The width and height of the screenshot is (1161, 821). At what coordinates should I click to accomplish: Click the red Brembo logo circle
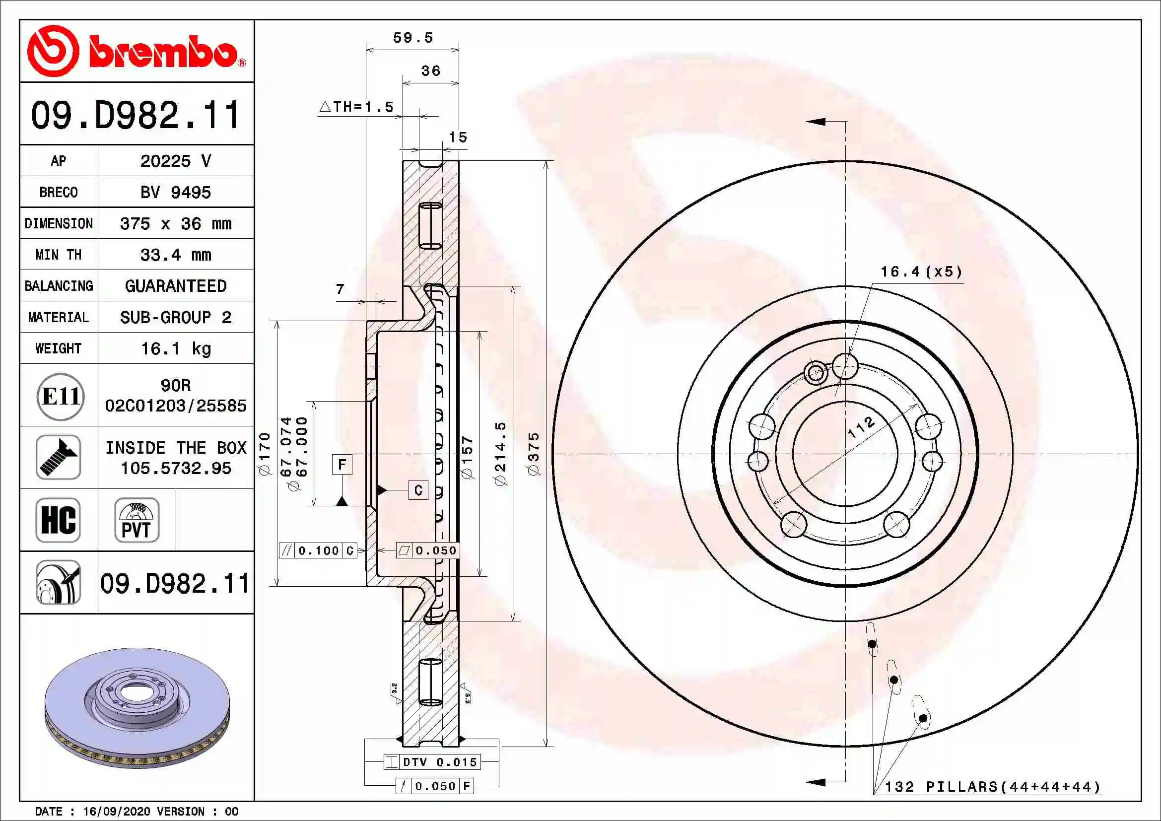pos(53,51)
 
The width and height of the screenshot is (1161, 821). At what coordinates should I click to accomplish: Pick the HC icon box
pos(58,520)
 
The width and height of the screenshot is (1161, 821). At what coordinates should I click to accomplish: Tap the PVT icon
pos(137,520)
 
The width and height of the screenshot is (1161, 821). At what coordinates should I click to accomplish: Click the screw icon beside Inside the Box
pos(58,457)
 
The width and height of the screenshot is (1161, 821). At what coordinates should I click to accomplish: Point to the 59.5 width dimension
pos(412,38)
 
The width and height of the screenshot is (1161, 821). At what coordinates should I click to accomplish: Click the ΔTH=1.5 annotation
pos(357,107)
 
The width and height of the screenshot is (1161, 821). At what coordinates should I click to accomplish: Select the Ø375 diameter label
pos(534,454)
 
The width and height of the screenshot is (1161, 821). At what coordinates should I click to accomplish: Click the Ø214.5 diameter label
pos(501,454)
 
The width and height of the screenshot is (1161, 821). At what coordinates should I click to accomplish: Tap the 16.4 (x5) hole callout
pos(921,272)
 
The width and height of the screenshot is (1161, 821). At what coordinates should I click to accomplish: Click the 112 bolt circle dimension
pos(861,427)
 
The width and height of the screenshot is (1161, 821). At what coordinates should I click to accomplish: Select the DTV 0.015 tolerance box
pos(432,762)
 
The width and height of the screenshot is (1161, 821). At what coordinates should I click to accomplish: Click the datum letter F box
pos(342,464)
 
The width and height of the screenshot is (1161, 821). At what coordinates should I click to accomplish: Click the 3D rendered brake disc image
pos(137,708)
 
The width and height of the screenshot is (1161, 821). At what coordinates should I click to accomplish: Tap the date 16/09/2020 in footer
pos(116,812)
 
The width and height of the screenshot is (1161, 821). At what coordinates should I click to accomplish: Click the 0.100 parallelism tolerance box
pos(318,550)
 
